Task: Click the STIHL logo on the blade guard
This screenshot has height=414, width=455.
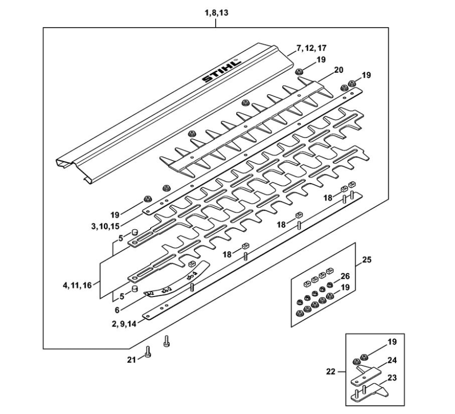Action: [221, 71]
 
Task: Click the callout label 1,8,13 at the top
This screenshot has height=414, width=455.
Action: [216, 13]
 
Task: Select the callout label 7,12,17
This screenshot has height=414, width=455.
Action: [312, 48]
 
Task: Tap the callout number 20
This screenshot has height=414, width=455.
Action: [338, 70]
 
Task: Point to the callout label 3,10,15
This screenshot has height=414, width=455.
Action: [106, 226]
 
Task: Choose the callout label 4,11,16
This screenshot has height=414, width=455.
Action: [77, 285]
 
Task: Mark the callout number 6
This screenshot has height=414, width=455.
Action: [117, 310]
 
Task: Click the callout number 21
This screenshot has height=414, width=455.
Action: [132, 360]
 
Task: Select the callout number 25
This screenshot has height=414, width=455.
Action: [367, 260]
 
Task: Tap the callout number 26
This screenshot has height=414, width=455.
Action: [345, 276]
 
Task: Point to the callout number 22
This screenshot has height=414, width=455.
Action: [330, 371]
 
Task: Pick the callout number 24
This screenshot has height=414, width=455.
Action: [392, 360]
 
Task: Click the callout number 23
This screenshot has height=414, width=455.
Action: [392, 378]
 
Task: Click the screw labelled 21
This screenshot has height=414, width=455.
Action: [148, 352]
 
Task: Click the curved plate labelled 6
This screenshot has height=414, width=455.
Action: [177, 280]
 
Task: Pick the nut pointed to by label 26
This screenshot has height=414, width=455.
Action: [329, 285]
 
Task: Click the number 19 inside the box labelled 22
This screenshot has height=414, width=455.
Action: [392, 342]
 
